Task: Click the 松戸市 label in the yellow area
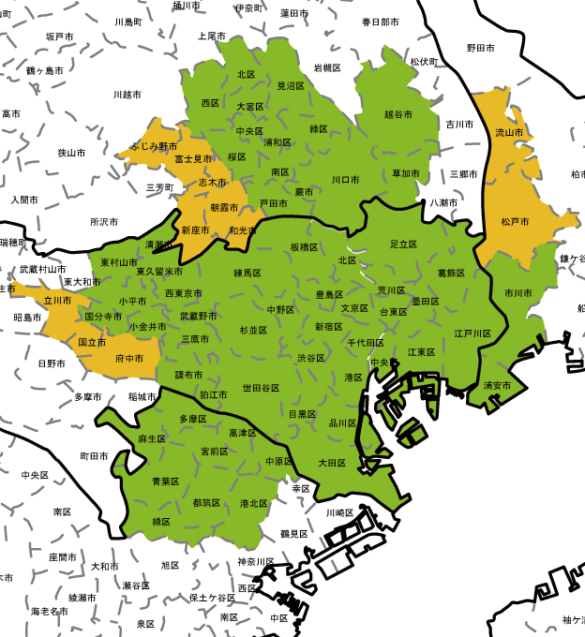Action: (x=515, y=222)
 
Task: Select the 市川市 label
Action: (x=518, y=293)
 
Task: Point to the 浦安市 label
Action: (x=497, y=385)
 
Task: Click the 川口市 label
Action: (x=346, y=179)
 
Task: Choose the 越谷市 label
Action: (x=398, y=114)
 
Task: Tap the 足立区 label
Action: (x=403, y=244)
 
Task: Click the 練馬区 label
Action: (x=248, y=273)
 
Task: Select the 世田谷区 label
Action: (x=261, y=387)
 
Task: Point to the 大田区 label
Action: (x=332, y=463)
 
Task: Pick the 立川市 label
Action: (x=57, y=301)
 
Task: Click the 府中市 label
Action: (x=128, y=359)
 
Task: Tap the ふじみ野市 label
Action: (x=154, y=147)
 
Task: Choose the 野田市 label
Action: (x=481, y=47)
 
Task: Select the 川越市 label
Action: (x=127, y=95)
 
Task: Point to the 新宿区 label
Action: (x=329, y=327)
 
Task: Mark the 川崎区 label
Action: (x=339, y=513)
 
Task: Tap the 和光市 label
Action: (x=243, y=230)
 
